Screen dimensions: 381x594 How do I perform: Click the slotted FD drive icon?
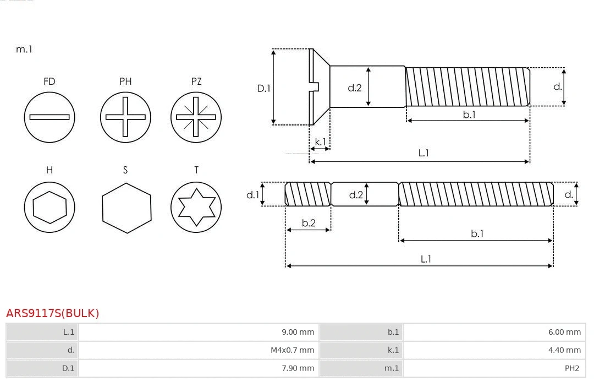coord(50,117)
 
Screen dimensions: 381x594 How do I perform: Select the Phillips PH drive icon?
coord(125,117)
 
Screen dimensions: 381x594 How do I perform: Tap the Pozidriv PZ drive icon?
coord(196,117)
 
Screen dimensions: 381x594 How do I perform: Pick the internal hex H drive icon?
coord(50,207)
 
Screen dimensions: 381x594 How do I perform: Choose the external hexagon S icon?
coord(127,207)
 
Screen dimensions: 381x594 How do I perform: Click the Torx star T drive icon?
coord(196,207)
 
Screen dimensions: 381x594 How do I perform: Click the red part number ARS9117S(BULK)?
coord(53,313)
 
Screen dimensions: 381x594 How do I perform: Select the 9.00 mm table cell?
coord(298,332)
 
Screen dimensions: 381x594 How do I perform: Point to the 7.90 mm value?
coord(298,368)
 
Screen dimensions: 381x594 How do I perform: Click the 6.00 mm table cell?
coord(564,332)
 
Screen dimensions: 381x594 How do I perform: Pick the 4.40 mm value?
coord(564,350)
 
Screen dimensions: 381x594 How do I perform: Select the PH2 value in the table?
coord(571,368)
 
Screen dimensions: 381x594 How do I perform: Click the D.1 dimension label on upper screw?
coord(264,88)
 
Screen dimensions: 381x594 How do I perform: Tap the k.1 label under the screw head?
coord(320,142)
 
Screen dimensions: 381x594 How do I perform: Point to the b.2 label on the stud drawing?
coord(309,223)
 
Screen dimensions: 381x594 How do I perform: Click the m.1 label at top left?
coord(24,49)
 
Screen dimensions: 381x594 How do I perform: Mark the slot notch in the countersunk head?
coord(315,86)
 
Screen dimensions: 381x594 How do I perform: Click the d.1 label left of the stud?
coord(252,194)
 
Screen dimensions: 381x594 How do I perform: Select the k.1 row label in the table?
coord(393,350)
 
